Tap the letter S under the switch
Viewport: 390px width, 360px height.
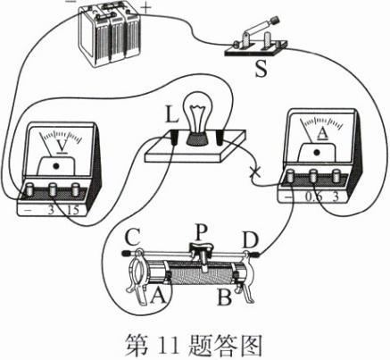point(261,69)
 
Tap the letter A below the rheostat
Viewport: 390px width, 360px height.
point(158,297)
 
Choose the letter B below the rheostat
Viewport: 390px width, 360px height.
point(225,297)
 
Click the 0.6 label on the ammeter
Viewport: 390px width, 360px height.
point(312,197)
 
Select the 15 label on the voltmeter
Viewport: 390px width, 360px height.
point(73,210)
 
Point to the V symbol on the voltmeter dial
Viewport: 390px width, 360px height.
point(62,147)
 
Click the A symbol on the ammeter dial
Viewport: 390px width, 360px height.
point(323,133)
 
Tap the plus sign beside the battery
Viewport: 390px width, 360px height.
point(145,8)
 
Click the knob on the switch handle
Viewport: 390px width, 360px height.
point(274,21)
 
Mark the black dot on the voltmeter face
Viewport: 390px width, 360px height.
point(55,166)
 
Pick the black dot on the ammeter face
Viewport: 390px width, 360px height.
point(317,152)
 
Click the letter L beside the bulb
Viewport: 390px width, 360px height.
point(171,115)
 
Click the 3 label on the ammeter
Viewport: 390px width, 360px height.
point(335,197)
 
